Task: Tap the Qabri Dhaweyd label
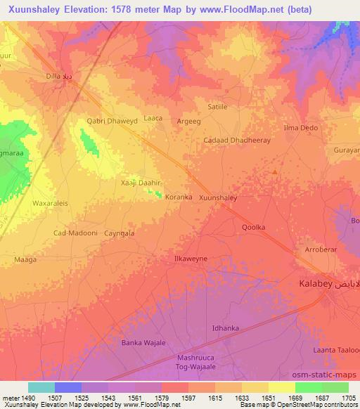(111, 120)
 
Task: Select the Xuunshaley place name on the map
(218, 198)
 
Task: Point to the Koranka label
(178, 197)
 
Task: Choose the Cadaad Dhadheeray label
(236, 140)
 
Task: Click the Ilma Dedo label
(300, 128)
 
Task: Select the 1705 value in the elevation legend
(348, 398)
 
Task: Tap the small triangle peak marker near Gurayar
(275, 171)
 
